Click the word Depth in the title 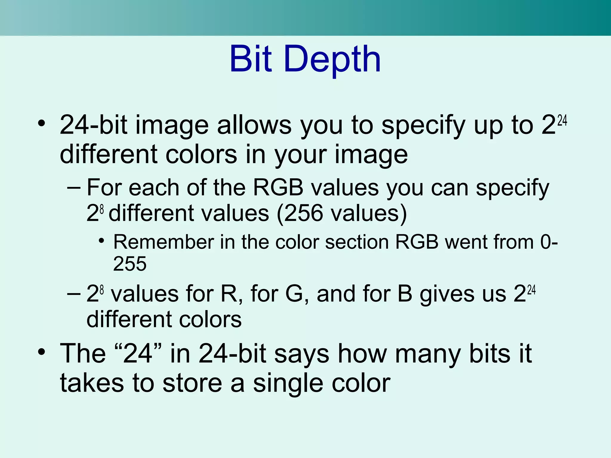point(332,60)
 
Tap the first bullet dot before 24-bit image point(42,123)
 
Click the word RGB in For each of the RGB point(278,188)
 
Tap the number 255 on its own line point(130,264)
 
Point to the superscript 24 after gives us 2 point(531,290)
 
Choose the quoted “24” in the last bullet point(138,354)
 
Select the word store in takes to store point(192,383)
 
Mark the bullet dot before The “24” point(42,352)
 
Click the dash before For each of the point(74,188)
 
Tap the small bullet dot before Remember point(101,240)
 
